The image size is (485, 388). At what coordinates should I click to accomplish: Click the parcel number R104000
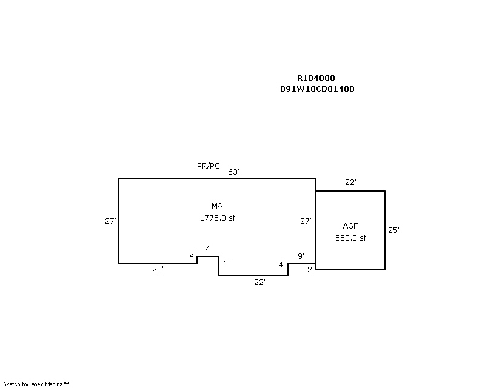315,78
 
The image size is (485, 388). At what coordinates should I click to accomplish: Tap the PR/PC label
208,166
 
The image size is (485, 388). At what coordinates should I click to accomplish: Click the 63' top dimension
233,172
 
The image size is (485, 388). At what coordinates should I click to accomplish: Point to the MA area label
217,206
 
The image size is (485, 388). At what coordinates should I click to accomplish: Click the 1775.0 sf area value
217,218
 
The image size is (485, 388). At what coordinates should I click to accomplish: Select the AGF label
350,226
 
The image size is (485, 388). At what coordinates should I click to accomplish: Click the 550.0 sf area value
350,238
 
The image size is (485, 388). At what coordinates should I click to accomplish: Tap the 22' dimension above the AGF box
350,182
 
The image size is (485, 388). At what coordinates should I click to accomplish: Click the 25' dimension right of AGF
393,230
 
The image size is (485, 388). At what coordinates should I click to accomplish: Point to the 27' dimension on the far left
110,221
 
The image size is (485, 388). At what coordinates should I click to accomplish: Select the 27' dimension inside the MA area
306,221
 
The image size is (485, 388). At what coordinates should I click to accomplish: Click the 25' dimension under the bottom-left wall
158,270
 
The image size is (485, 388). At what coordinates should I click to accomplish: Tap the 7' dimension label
207,248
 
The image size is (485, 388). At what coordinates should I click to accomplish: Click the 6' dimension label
226,263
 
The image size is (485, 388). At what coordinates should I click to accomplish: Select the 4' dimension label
281,264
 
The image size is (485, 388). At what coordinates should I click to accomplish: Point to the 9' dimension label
301,256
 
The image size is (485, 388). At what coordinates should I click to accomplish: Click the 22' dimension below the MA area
259,282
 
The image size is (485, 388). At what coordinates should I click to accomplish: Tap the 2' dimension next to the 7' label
192,254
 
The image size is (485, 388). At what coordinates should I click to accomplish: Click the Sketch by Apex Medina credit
36,384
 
